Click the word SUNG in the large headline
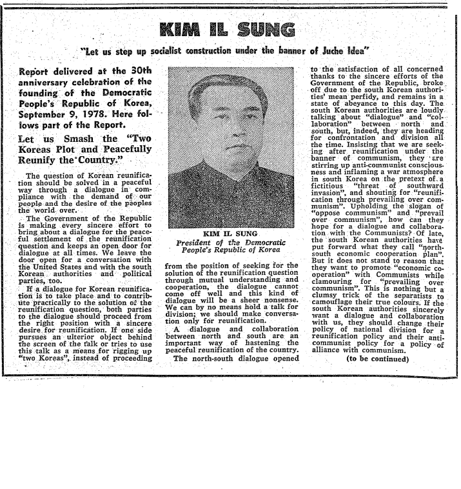pyautogui.click(x=268, y=29)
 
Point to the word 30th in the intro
pyautogui.click(x=133, y=71)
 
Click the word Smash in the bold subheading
pyautogui.click(x=82, y=138)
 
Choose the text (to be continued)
pyautogui.click(x=378, y=359)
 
